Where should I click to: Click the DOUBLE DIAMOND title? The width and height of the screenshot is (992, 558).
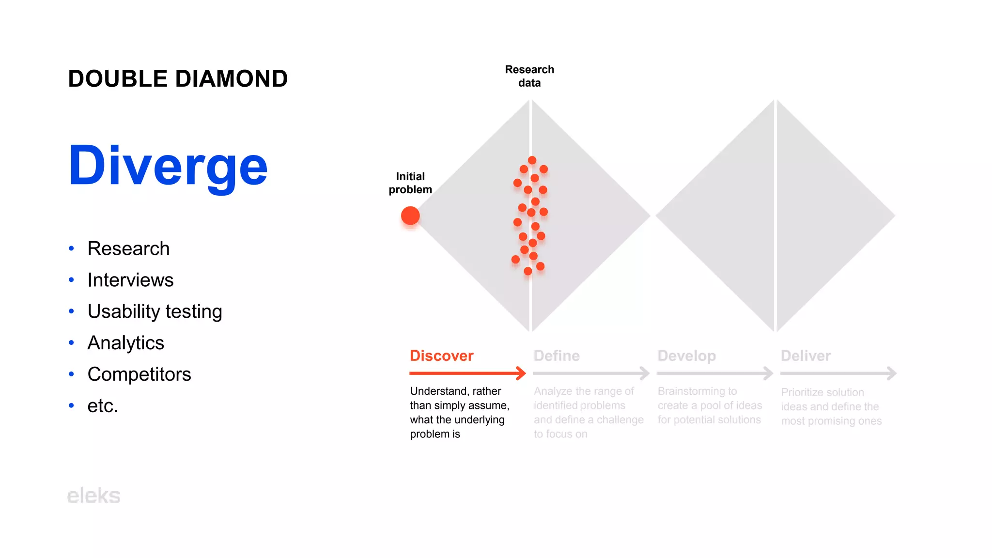coord(178,79)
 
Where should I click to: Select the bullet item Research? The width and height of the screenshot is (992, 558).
coord(128,248)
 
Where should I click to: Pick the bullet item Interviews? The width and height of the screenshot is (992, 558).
coord(130,280)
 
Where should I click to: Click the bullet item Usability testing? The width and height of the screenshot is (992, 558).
coord(155,311)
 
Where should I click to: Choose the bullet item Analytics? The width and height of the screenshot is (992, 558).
coord(125,343)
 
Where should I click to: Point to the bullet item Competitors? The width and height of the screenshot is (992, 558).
coord(139,374)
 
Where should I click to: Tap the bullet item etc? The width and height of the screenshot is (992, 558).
coord(103,406)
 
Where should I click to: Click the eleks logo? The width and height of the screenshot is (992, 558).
coord(93,496)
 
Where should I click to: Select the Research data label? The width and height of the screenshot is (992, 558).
coord(529,76)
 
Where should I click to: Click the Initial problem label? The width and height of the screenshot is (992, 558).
coord(410,183)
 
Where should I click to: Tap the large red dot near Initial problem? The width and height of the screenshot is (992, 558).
coord(410,216)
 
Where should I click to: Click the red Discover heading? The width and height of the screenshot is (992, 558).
coord(441,356)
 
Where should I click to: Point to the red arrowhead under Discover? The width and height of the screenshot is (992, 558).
coord(522,373)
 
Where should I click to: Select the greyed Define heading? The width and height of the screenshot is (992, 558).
coord(557,356)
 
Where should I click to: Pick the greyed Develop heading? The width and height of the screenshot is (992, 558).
coord(686,356)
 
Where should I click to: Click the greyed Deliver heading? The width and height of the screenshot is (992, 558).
coord(806,356)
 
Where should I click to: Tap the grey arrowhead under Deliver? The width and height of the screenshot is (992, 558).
coord(892,373)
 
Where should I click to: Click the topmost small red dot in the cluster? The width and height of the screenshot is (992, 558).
coord(532,160)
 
